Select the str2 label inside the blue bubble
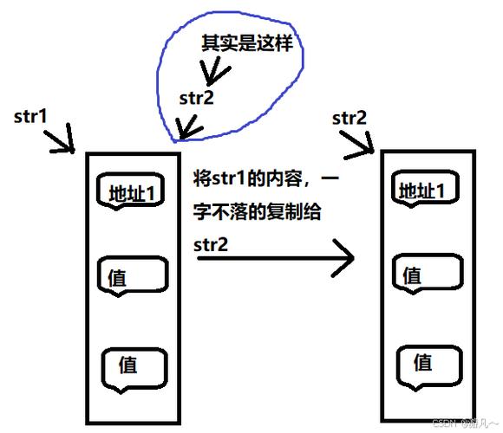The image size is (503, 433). click(x=196, y=98)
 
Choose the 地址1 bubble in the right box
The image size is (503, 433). click(x=424, y=190)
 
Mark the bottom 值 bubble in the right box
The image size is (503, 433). click(x=425, y=361)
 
